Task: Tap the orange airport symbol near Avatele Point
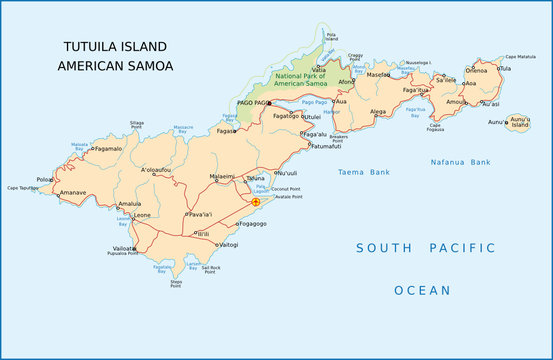pos(255,202)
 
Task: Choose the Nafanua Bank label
pos(460,161)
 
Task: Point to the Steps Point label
pos(176,285)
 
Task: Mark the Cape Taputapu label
pos(21,187)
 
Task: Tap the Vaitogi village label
pos(228,244)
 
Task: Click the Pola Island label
pos(331,38)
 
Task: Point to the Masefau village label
pos(378,75)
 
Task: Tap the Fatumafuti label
pos(325,146)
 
